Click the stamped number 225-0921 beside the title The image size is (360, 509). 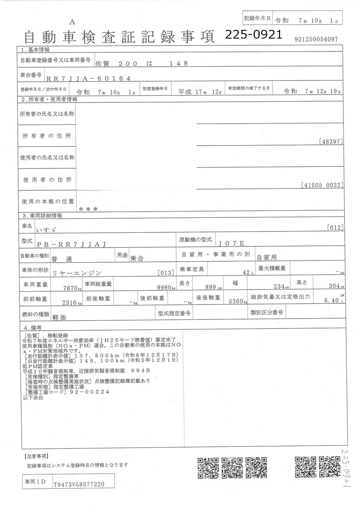pyautogui.click(x=253, y=34)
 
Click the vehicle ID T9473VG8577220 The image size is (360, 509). pyautogui.click(x=79, y=484)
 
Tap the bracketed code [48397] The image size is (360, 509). pyautogui.click(x=331, y=142)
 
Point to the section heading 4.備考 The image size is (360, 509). pyautogui.click(x=31, y=328)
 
